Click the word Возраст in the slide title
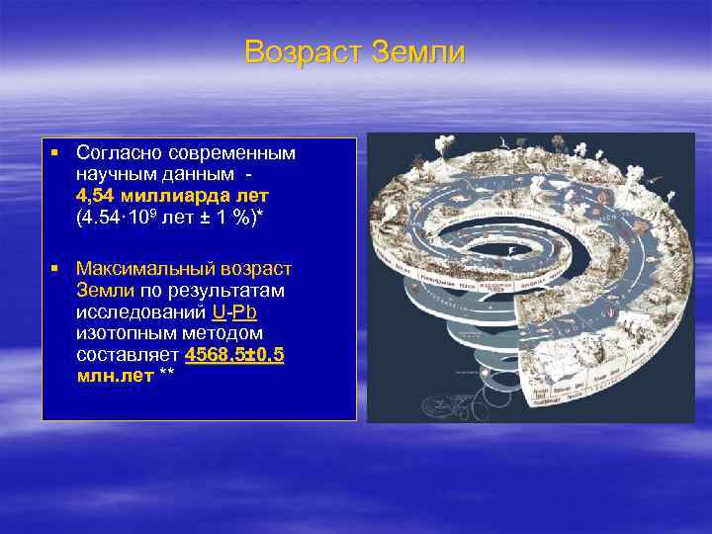point(303,51)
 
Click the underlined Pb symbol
point(245,311)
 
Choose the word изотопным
point(122,333)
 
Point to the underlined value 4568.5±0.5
point(234,354)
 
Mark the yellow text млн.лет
point(115,376)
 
